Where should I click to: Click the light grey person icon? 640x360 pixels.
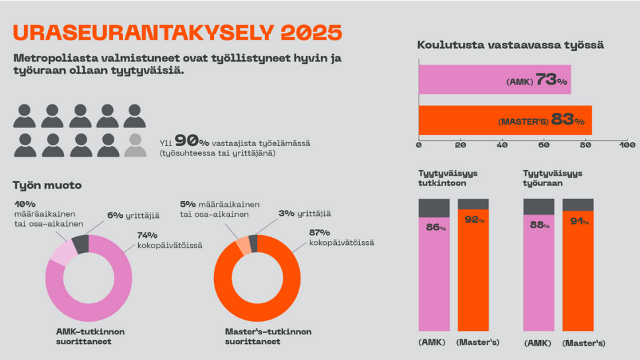click(135, 145)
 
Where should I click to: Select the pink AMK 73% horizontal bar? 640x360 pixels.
click(495, 79)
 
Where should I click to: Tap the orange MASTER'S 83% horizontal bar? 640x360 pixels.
click(505, 120)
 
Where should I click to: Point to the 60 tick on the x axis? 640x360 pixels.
click(544, 145)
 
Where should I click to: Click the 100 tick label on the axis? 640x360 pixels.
click(627, 145)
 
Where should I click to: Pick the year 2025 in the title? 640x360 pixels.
click(312, 33)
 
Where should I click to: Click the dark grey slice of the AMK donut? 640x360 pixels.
click(81, 244)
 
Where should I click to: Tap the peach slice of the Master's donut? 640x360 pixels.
click(244, 246)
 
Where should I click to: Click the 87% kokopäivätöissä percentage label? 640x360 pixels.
click(320, 233)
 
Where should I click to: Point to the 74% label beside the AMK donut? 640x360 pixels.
click(147, 236)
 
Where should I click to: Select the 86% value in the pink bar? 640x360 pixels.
click(435, 227)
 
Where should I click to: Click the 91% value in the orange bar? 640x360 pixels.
click(580, 221)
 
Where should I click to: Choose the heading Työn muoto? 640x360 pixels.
click(48, 186)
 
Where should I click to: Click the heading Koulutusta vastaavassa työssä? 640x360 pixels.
click(510, 45)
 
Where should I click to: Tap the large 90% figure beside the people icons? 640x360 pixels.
click(192, 141)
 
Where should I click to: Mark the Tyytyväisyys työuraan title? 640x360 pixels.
click(553, 178)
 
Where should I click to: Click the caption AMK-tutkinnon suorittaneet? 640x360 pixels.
click(90, 337)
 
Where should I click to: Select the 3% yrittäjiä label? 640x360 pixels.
click(305, 213)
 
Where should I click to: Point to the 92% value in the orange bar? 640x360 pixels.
click(475, 219)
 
